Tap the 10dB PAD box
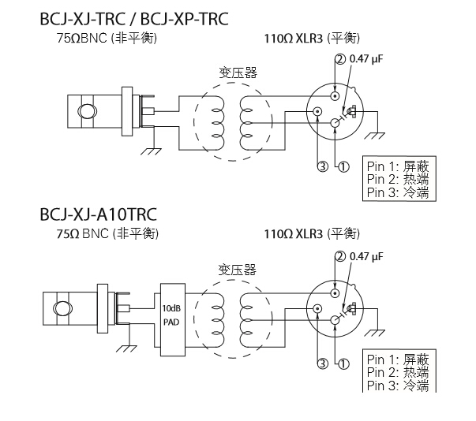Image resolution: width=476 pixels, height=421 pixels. point(171,315)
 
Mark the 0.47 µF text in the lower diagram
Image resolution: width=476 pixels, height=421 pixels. point(365,256)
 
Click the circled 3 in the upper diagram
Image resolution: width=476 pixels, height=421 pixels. point(321,166)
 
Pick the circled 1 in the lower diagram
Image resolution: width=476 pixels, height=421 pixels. point(342,363)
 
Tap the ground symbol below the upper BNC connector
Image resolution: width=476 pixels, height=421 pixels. point(148,149)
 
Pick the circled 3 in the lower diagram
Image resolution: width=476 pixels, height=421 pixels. point(321,363)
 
